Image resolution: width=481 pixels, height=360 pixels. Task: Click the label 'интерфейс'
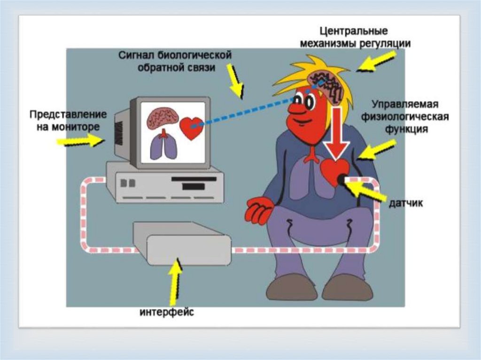(166, 312)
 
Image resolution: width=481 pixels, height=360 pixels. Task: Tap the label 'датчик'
(406, 203)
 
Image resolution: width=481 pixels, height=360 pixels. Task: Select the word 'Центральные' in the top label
(353, 32)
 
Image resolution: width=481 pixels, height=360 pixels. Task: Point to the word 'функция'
(407, 129)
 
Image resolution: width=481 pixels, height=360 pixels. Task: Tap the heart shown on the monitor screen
(191, 127)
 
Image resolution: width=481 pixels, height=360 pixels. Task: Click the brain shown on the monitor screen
(162, 118)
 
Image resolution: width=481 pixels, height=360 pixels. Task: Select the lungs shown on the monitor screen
(163, 146)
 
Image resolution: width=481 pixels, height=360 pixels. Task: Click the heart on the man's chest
(334, 172)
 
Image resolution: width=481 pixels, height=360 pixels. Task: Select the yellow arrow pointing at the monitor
(79, 139)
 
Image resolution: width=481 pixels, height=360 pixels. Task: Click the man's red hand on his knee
(259, 210)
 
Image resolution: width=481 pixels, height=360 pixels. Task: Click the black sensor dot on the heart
(342, 178)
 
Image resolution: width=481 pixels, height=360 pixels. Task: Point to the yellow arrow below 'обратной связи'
(235, 80)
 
